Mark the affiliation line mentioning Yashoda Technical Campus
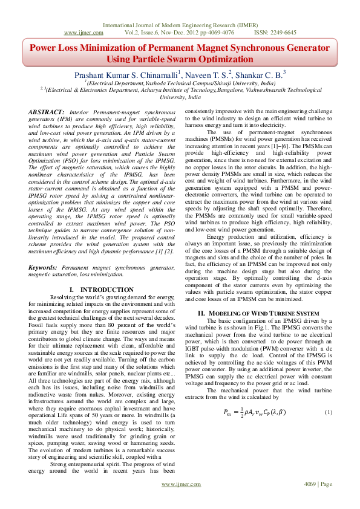point(180,83)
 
